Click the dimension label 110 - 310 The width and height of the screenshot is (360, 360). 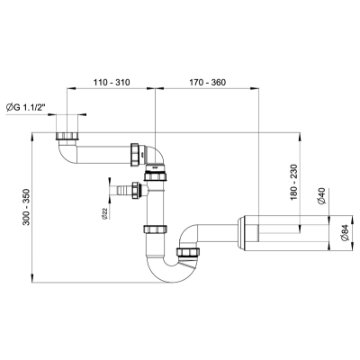(112, 82)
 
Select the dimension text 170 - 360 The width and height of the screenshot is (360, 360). (207, 82)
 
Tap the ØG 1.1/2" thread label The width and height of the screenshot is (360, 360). (27, 107)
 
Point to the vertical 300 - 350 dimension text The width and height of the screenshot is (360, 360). (27, 207)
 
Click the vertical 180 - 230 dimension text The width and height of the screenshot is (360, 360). (293, 182)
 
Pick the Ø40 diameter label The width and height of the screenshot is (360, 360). (322, 196)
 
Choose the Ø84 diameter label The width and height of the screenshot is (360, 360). (345, 232)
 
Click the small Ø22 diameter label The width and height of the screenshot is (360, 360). (104, 212)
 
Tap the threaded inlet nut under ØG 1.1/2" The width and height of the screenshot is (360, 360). (67, 136)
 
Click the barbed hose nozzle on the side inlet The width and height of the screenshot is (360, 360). (124, 191)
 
